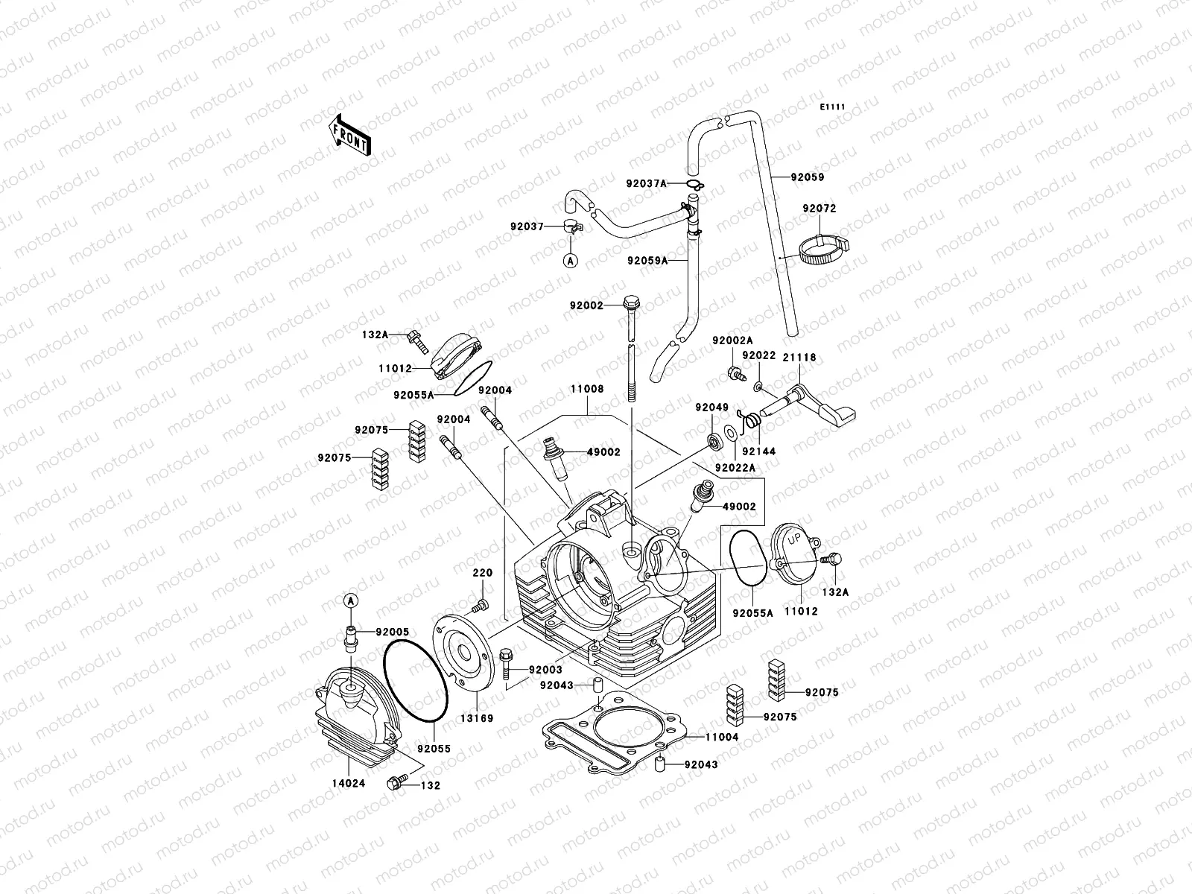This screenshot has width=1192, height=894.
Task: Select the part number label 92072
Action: (x=819, y=209)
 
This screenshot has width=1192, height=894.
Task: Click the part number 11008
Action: (x=587, y=389)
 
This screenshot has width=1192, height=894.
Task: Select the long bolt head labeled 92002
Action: (x=630, y=303)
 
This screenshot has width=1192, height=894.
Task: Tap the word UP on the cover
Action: (x=795, y=538)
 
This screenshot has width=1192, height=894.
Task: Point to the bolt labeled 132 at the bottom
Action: (x=395, y=782)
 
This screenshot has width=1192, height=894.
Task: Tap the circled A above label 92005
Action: (x=351, y=600)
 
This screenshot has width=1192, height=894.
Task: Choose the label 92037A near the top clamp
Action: (x=647, y=183)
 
